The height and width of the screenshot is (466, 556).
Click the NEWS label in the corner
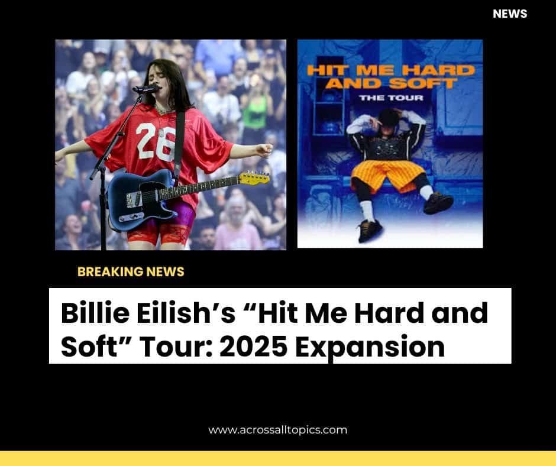point(510,14)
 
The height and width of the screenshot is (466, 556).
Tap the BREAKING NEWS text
point(131,271)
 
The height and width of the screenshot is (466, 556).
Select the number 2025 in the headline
point(253,347)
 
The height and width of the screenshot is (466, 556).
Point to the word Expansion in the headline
point(370,348)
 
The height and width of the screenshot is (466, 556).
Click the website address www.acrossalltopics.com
point(277,430)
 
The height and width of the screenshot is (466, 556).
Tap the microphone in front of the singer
point(146,89)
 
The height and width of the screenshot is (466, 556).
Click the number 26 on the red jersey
point(155,141)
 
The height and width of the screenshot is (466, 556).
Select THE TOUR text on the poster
point(391,98)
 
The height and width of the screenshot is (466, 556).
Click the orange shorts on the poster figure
point(387,175)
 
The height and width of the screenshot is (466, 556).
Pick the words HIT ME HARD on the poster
point(391,70)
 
